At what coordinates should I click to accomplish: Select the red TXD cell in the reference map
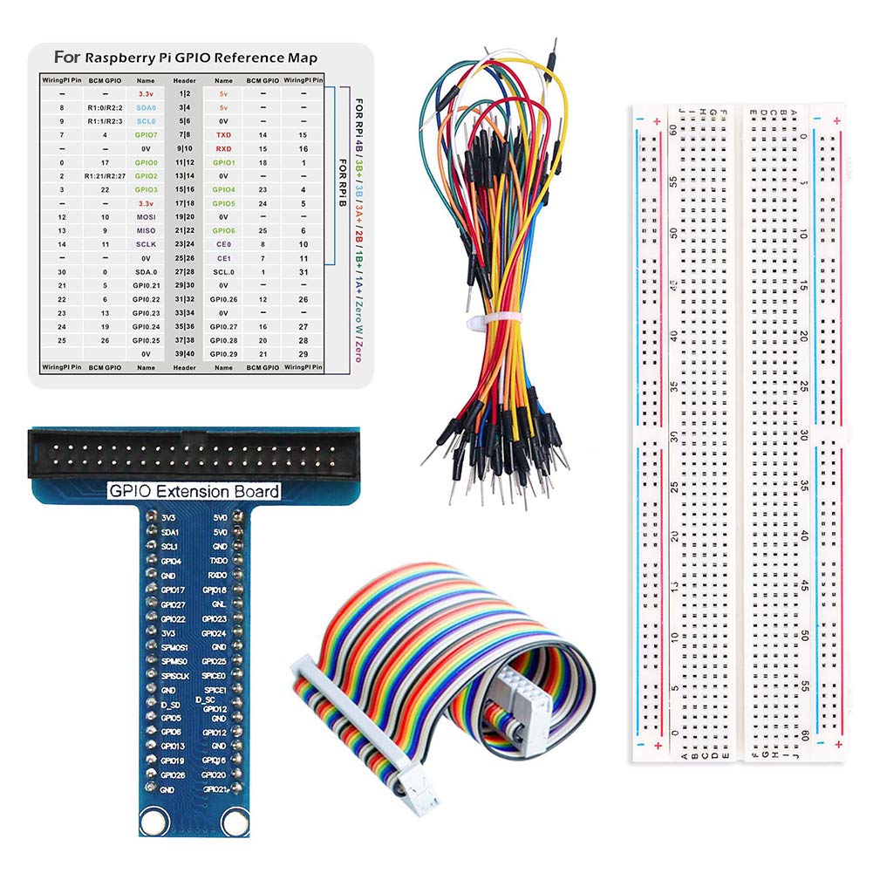pos(224,135)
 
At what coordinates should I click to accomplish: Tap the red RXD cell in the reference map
pos(224,148)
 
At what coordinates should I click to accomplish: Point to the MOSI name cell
pos(147,216)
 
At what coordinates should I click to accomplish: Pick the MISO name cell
pos(147,230)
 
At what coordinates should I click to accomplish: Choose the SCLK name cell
pos(147,244)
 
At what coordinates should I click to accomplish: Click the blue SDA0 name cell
pos(147,107)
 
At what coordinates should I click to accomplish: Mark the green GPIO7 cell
pos(147,135)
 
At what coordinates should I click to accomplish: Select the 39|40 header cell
pos(184,354)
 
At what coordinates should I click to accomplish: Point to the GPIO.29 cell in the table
pos(224,354)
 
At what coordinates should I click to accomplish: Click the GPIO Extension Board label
pos(193,491)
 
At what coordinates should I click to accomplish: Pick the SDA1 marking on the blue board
pos(171,531)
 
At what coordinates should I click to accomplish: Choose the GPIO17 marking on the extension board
pos(173,590)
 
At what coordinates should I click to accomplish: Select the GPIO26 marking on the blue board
pos(173,774)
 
